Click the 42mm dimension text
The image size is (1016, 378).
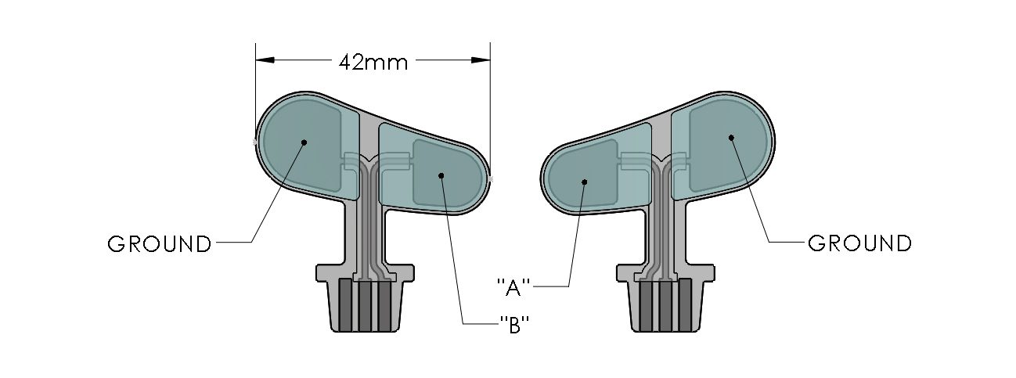[373, 62]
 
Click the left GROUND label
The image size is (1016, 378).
[160, 244]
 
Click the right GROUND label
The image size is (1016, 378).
[859, 243]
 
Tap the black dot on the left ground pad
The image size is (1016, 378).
[304, 142]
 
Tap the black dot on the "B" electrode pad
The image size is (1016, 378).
[441, 175]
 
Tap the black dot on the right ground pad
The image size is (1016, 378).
[731, 138]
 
